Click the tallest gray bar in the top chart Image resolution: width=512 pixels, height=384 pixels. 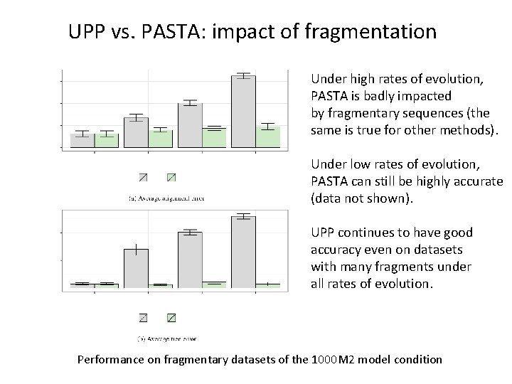pyautogui.click(x=244, y=112)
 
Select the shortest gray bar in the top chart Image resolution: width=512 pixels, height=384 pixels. pyautogui.click(x=82, y=140)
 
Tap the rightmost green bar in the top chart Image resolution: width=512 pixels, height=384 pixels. pyautogui.click(x=268, y=137)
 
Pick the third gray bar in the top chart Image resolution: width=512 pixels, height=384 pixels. pyautogui.click(x=190, y=125)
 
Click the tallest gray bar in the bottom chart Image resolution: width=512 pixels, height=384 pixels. pyautogui.click(x=244, y=252)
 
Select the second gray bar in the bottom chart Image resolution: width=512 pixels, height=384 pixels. pyautogui.click(x=136, y=268)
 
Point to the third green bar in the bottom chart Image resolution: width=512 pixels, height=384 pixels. pyautogui.click(x=214, y=284)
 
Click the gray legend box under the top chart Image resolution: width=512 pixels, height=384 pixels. pyautogui.click(x=143, y=177)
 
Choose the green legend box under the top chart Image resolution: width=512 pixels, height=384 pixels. pyautogui.click(x=171, y=177)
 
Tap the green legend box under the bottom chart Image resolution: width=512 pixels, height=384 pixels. pyautogui.click(x=171, y=317)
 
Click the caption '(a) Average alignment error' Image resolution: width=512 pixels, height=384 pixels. pyautogui.click(x=166, y=198)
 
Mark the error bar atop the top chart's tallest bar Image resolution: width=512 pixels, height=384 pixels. pyautogui.click(x=244, y=75)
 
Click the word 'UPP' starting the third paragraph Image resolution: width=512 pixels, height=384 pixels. pyautogui.click(x=324, y=233)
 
